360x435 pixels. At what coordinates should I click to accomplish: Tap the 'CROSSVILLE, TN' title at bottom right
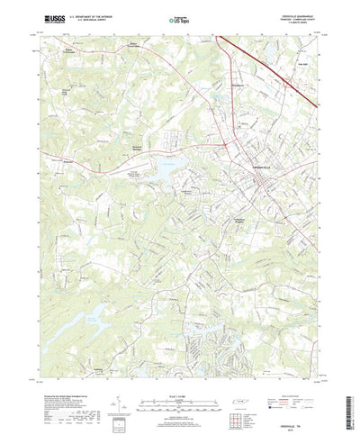coord(302,413)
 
